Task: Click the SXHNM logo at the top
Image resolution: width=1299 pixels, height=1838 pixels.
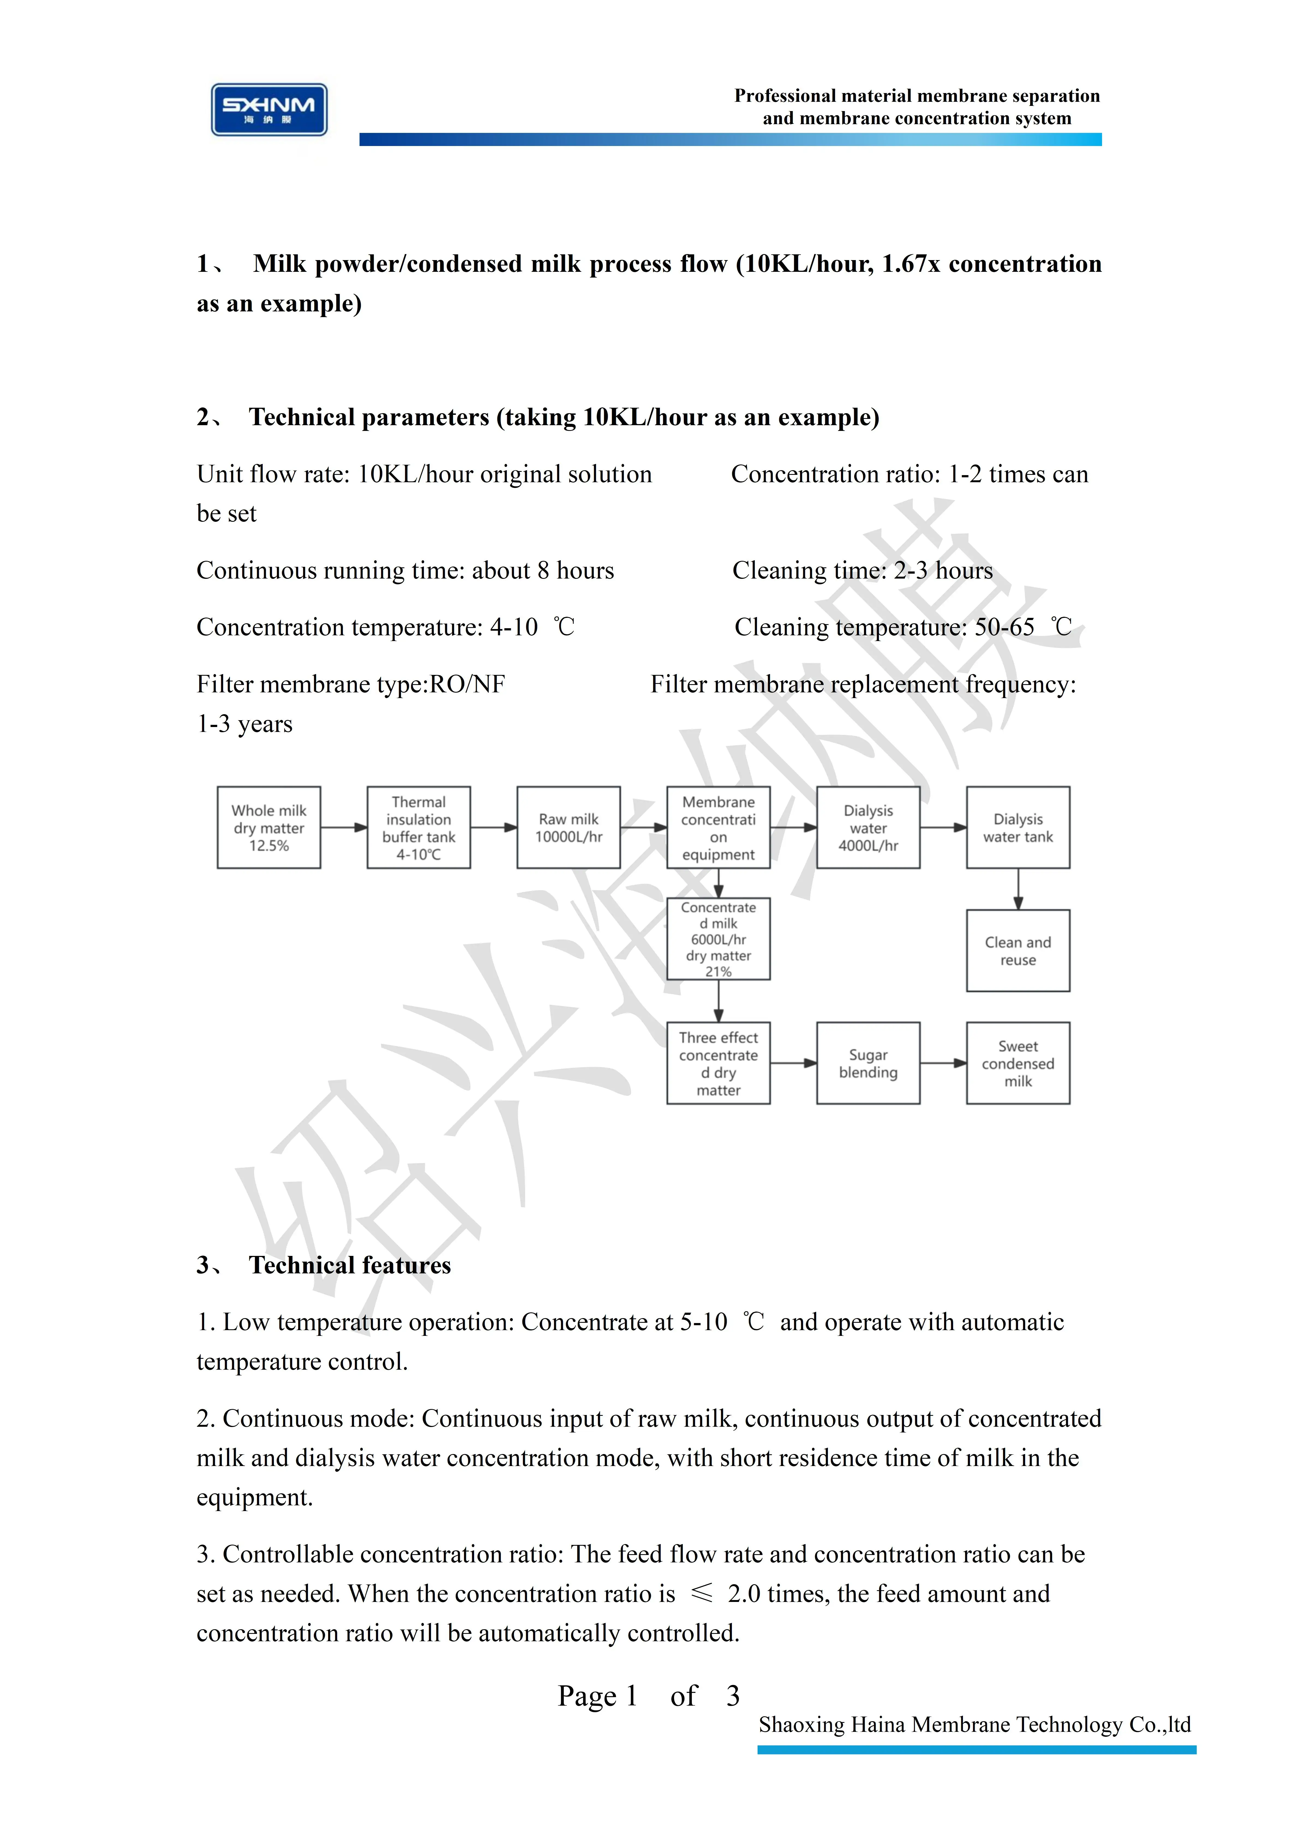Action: [x=269, y=110]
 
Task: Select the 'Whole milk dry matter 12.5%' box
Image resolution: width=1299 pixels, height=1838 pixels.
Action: [x=269, y=828]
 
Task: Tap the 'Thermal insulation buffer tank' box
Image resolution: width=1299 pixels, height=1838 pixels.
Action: [x=419, y=828]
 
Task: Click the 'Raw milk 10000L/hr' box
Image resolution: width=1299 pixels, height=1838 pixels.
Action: [x=568, y=828]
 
